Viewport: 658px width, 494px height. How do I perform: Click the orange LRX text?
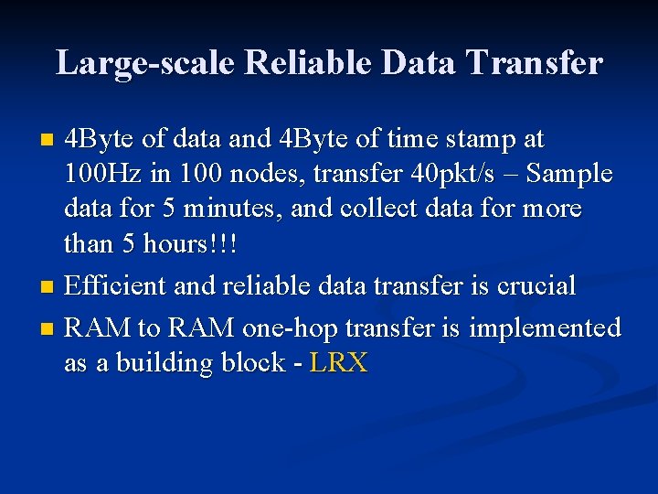tap(339, 363)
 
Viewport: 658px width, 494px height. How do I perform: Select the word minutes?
tap(237, 209)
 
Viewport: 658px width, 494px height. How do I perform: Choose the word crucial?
tap(536, 285)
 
